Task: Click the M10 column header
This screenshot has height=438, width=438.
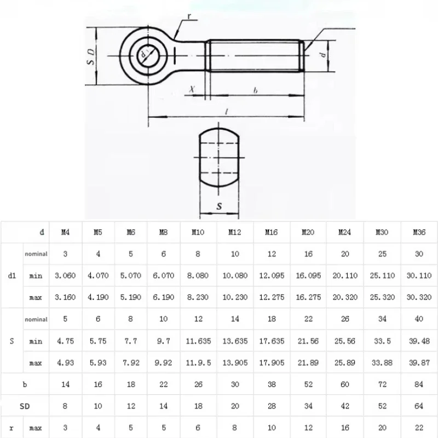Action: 198,232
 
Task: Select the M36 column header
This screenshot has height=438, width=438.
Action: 419,232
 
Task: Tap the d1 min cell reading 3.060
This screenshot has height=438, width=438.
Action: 65,275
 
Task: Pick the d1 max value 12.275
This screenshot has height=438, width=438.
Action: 272,297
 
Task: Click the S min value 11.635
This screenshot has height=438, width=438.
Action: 198,341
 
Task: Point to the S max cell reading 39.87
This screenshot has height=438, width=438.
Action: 419,362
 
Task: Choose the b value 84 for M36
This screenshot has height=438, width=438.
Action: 419,384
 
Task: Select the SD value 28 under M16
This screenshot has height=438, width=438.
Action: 272,406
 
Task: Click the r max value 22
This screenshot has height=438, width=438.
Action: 419,428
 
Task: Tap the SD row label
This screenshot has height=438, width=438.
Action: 25,406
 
